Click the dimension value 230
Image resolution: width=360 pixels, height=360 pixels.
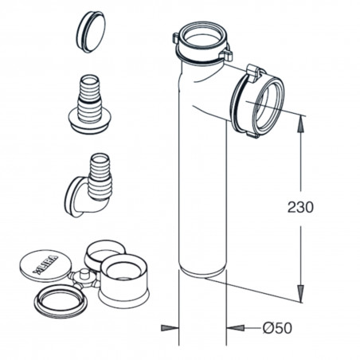pos(300,207)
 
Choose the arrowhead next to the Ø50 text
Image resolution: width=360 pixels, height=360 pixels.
pos(233,327)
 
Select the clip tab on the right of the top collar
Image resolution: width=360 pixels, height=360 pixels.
pos(226,56)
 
